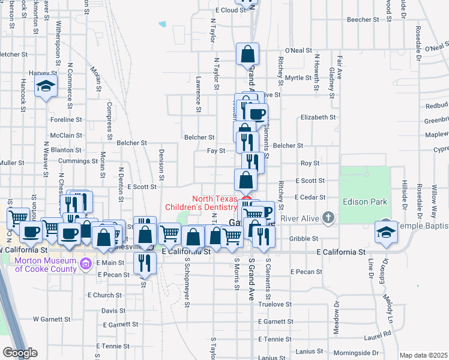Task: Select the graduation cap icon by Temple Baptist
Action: [x=385, y=232]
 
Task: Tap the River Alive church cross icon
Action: [x=328, y=217]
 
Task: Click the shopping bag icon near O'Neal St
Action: [x=247, y=55]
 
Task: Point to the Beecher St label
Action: [x=363, y=20]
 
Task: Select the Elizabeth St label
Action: [x=318, y=118]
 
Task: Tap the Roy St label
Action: [x=310, y=163]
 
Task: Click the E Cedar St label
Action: [x=310, y=197]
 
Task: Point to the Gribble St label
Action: [x=298, y=239]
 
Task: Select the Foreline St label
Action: [x=62, y=119]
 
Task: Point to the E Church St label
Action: [x=104, y=295]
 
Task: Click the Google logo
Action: [x=20, y=353]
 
